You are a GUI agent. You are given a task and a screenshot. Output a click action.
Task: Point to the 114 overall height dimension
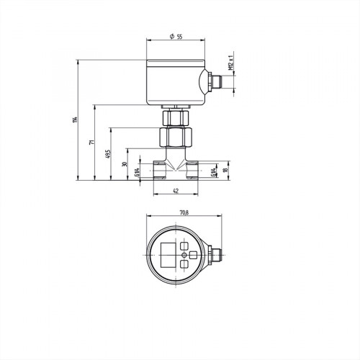coord(73,119)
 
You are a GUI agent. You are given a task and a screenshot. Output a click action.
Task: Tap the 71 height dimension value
coord(91,143)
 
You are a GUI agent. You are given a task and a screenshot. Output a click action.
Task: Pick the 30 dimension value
coord(124,164)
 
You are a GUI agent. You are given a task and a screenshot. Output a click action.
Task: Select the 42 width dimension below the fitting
coord(175,192)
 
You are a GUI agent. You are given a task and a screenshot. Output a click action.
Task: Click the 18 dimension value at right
coord(225,170)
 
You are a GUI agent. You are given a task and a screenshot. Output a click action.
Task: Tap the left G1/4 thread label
coord(138,172)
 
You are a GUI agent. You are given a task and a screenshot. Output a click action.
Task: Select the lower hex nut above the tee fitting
coord(176,135)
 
